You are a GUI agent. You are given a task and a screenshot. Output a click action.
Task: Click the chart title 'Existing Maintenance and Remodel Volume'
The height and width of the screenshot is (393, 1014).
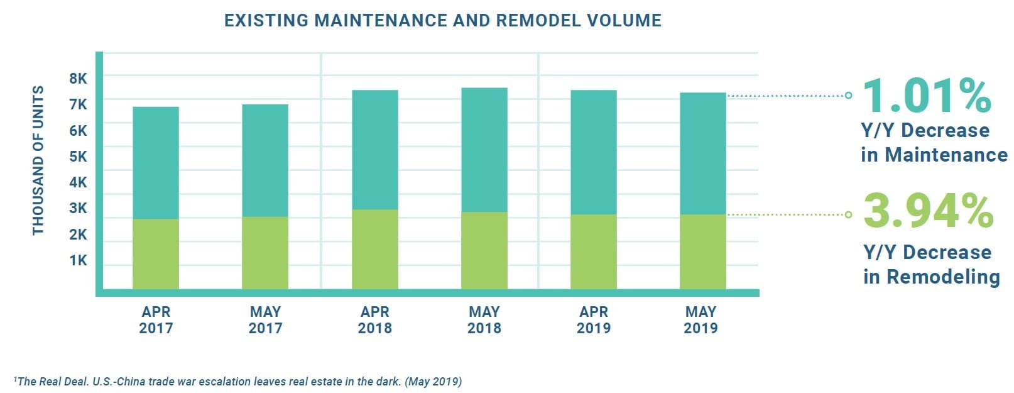[443, 21]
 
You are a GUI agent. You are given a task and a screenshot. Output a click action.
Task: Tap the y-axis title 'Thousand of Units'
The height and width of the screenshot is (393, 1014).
[38, 160]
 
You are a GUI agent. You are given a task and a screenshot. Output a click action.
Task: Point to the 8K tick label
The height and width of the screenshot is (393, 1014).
[79, 79]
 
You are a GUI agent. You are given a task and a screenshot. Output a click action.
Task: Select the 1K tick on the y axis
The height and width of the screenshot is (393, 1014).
[79, 260]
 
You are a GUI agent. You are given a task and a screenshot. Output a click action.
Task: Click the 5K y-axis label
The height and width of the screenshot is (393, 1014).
[79, 157]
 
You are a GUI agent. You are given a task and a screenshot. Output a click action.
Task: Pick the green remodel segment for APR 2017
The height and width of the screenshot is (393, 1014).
[156, 254]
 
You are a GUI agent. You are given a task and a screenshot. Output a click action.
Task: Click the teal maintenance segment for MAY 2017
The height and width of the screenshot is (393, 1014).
[265, 160]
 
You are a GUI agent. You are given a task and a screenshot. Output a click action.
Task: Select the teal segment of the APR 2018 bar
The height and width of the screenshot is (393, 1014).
[374, 150]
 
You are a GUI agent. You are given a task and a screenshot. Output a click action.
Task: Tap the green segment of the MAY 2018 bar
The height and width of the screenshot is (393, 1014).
[484, 250]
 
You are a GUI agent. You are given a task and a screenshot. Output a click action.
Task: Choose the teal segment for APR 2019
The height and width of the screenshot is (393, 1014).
[594, 152]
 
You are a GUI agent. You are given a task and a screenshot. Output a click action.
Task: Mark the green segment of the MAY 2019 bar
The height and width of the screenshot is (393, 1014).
[703, 252]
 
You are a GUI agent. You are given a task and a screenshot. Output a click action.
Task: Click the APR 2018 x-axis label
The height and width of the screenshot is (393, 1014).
[374, 319]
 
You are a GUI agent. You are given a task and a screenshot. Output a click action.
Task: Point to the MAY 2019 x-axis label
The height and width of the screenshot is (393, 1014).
[701, 319]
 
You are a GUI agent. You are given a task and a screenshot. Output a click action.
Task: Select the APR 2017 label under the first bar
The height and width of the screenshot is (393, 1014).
[156, 319]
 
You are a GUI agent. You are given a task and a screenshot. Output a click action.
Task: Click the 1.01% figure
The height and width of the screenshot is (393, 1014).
[927, 96]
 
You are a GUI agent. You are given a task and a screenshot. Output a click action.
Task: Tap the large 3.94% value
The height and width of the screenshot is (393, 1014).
[928, 211]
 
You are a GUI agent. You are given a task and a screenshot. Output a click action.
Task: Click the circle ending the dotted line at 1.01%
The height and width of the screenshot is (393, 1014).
[849, 96]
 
